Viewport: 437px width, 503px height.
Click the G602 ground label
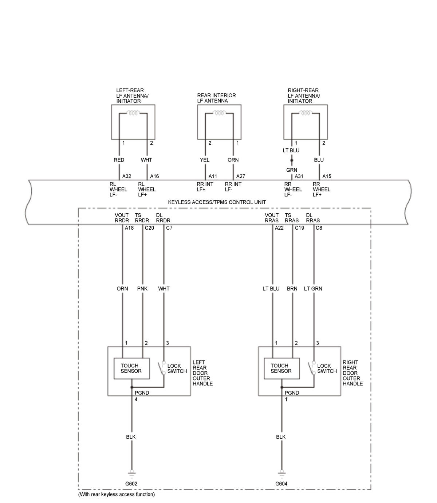pyautogui.click(x=131, y=484)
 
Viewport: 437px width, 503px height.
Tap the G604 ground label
pyautogui.click(x=281, y=484)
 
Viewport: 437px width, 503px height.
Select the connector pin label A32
pyautogui.click(x=126, y=176)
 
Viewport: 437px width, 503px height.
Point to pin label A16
pyautogui.click(x=154, y=176)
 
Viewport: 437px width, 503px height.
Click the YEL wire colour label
pyautogui.click(x=205, y=160)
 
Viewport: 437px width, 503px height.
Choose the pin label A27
pyautogui.click(x=240, y=176)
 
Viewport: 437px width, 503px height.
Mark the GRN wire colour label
pyautogui.click(x=291, y=170)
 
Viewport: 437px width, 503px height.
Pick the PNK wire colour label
pyautogui.click(x=142, y=289)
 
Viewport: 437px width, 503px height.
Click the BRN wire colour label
pyautogui.click(x=292, y=289)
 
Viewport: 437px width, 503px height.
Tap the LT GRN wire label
pyautogui.click(x=313, y=289)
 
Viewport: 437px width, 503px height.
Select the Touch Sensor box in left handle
pyautogui.click(x=131, y=369)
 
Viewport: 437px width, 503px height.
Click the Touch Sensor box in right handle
pyautogui.click(x=281, y=369)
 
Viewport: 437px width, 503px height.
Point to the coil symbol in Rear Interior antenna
pyautogui.click(x=219, y=113)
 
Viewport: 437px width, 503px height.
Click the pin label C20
pyautogui.click(x=149, y=228)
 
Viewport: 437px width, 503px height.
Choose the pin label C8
pyautogui.click(x=319, y=228)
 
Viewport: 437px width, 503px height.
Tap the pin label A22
pyautogui.click(x=279, y=228)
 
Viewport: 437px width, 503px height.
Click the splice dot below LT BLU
pyautogui.click(x=292, y=160)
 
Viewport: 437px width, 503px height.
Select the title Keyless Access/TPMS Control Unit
pyautogui.click(x=217, y=202)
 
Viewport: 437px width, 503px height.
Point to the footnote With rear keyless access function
pyautogui.click(x=117, y=495)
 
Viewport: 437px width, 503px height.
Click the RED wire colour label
pyautogui.click(x=119, y=160)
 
